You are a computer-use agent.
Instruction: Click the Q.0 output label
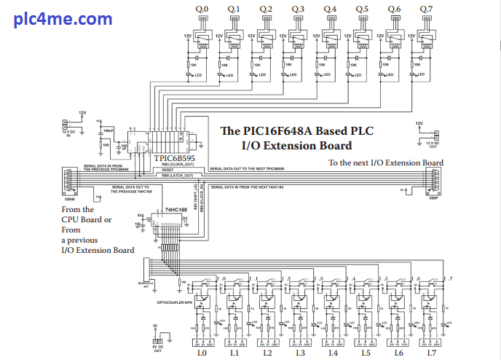pos(202,9)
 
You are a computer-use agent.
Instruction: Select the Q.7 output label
pos(425,9)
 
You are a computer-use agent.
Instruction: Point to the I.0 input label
pos(202,353)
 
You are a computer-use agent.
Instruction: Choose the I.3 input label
pos(300,353)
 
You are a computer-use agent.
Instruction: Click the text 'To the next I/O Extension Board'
pos(386,163)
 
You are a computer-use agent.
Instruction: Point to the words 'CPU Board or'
pos(87,219)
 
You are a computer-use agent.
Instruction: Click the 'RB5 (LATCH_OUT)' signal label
pos(177,176)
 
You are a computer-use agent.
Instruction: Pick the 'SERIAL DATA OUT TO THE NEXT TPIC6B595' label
pos(256,168)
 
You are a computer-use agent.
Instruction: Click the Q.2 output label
pos(266,9)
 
